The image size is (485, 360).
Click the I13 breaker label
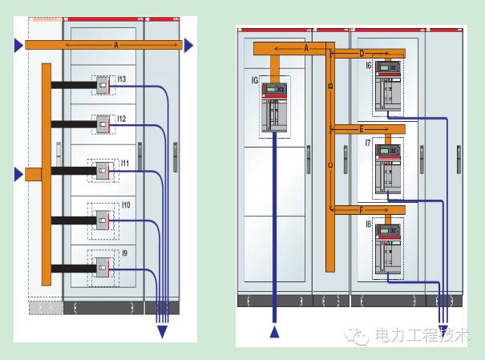point(122,79)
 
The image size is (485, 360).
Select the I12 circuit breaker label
point(122,118)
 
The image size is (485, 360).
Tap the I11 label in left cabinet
point(125,163)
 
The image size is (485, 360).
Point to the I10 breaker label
point(125,206)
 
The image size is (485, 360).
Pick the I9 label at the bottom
point(123,253)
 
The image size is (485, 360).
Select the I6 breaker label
point(368,67)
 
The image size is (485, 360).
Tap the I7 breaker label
point(368,142)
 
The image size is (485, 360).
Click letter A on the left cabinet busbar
point(115,46)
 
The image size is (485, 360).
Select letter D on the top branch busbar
point(362,53)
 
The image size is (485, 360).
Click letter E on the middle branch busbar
point(362,128)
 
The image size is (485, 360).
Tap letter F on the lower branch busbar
point(362,209)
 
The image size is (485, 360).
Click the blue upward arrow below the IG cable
point(277,331)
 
